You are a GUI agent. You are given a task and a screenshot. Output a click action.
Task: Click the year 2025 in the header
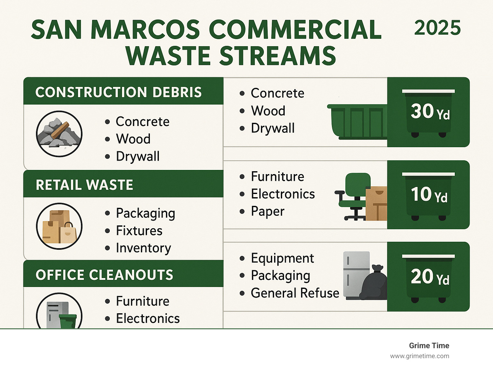[x=437, y=28]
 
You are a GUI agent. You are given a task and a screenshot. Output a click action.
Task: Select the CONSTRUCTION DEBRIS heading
[x=118, y=92]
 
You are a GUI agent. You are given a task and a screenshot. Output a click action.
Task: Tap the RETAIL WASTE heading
[x=84, y=185]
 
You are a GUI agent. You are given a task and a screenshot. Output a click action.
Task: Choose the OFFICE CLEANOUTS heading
[x=104, y=275]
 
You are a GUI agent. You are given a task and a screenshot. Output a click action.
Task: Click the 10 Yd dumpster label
[x=429, y=195]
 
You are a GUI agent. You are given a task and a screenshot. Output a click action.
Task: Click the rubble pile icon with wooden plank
[x=59, y=134]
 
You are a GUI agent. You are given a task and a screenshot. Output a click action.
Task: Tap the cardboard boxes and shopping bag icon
[x=59, y=226]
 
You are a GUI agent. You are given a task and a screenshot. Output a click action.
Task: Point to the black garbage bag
[x=374, y=283]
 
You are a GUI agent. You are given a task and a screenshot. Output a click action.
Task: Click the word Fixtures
[x=139, y=231]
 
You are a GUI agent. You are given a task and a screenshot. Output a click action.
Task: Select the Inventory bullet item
[x=143, y=248]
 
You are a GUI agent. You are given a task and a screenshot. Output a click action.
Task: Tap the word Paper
[x=267, y=212]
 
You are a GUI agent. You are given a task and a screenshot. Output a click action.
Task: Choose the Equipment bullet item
[x=282, y=258]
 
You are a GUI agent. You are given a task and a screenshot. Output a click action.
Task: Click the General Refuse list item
[x=295, y=293]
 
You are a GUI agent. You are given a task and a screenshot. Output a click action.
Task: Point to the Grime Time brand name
[x=429, y=346]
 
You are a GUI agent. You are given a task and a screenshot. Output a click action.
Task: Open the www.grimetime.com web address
[x=419, y=356]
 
